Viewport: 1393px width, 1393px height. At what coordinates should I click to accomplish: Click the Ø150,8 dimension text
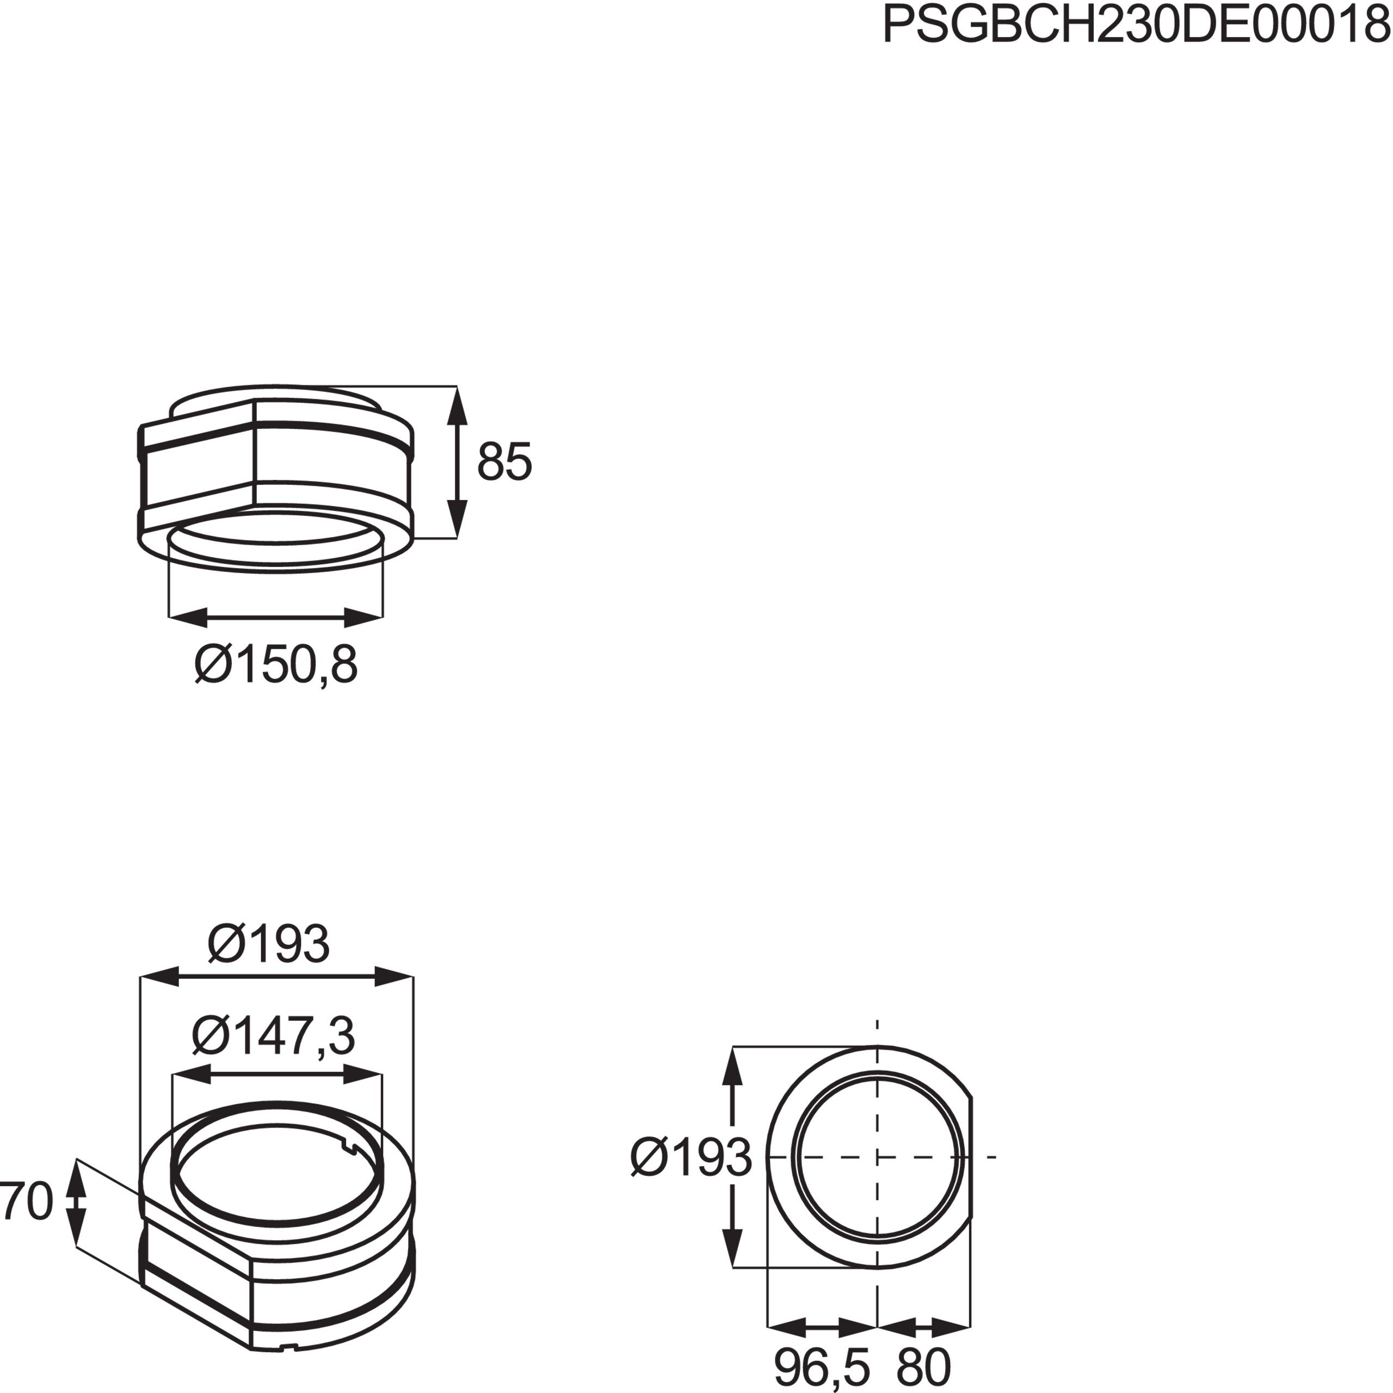pos(275,665)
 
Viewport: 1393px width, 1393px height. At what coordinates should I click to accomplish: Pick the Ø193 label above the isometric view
pos(268,945)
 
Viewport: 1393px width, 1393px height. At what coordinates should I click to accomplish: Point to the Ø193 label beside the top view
pos(691,1158)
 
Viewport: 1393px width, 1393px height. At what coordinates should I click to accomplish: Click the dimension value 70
pos(27,1201)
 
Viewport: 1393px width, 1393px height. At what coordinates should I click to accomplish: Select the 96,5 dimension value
pos(822,1366)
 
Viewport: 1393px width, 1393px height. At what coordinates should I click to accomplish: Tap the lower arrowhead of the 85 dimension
pos(457,519)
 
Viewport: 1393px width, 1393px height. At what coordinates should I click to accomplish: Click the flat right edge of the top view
pos(971,1157)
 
